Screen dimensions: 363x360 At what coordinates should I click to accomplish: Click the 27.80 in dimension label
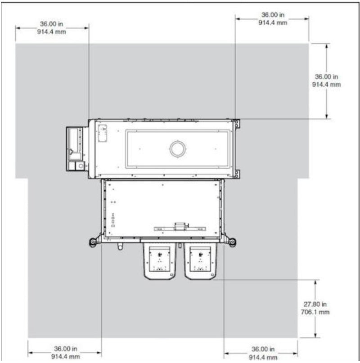[315, 304]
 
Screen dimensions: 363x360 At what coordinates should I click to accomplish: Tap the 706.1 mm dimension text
[315, 312]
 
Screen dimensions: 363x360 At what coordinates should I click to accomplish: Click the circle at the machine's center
[177, 148]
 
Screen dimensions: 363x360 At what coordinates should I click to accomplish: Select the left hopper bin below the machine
[159, 261]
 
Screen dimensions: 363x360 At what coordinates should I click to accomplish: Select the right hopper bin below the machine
[201, 261]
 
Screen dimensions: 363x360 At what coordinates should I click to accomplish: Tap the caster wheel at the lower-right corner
[232, 242]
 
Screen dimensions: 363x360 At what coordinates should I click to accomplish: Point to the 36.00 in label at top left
[52, 24]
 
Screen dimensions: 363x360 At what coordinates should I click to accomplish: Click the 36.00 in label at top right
[272, 15]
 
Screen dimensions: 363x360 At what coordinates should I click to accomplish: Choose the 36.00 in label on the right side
[326, 76]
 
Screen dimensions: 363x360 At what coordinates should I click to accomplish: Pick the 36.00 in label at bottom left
[64, 349]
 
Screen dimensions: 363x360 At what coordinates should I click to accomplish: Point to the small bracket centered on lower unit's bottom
[180, 225]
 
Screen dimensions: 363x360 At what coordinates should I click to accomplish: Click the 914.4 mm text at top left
[52, 32]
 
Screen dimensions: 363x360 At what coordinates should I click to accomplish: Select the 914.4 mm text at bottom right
[263, 357]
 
